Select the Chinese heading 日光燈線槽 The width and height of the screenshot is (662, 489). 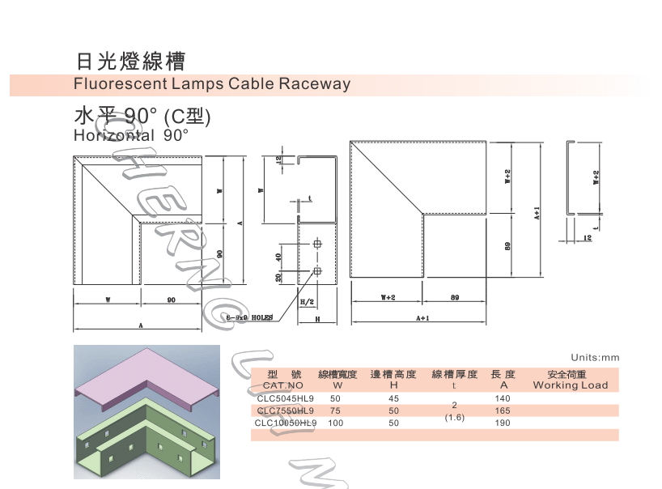(130, 61)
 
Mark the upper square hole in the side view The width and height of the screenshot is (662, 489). (317, 244)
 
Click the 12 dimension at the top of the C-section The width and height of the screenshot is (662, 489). (280, 159)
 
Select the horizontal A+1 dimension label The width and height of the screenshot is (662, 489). (422, 318)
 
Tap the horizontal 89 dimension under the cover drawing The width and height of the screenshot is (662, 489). (455, 298)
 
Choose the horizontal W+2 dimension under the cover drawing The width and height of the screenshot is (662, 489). (387, 298)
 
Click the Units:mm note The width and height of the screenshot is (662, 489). (594, 357)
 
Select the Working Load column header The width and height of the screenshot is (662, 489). (570, 385)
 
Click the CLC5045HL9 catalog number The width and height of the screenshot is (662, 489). (284, 398)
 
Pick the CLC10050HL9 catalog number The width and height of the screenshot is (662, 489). (286, 423)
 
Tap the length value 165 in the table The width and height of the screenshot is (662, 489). (503, 410)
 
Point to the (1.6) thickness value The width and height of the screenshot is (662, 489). (455, 418)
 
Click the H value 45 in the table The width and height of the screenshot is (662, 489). (394, 398)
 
